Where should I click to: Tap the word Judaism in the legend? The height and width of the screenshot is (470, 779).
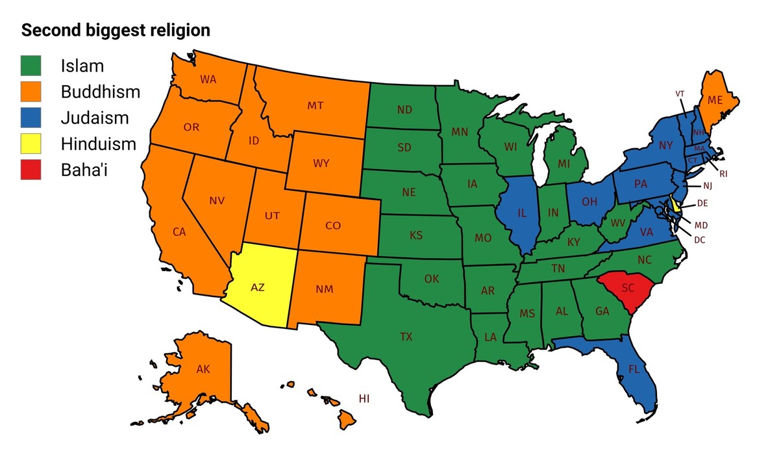pyautogui.click(x=95, y=118)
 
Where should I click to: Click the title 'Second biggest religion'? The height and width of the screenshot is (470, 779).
pyautogui.click(x=116, y=31)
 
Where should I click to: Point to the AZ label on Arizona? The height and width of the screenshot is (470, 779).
pyautogui.click(x=258, y=287)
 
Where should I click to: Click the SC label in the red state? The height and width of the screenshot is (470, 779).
pyautogui.click(x=628, y=287)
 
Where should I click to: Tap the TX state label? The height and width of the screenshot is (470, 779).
pyautogui.click(x=406, y=337)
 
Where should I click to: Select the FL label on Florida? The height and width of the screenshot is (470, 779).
pyautogui.click(x=634, y=369)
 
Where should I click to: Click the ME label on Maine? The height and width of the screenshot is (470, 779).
pyautogui.click(x=715, y=100)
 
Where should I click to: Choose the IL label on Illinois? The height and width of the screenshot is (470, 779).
pyautogui.click(x=522, y=213)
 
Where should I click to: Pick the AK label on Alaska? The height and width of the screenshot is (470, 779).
pyautogui.click(x=203, y=369)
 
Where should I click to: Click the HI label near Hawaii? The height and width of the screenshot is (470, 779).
pyautogui.click(x=364, y=398)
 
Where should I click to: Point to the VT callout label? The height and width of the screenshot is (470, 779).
pyautogui.click(x=680, y=94)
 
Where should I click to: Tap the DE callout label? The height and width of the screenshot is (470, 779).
pyautogui.click(x=702, y=203)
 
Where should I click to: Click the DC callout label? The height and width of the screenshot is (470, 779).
pyautogui.click(x=699, y=239)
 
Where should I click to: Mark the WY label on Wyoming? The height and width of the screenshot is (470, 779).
pyautogui.click(x=321, y=163)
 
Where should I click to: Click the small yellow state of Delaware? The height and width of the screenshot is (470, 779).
pyautogui.click(x=676, y=206)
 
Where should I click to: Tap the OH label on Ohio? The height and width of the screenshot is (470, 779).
pyautogui.click(x=589, y=202)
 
